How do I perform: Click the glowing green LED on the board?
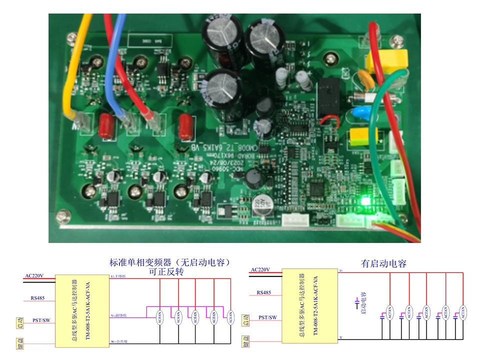point(364,201)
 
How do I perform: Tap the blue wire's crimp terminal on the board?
point(127,120)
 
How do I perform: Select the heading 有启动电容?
point(383,263)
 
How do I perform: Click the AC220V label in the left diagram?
point(34,275)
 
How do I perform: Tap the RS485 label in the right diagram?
point(263,292)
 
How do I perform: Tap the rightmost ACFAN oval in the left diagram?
point(230,316)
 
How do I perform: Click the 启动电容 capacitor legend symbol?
point(356,303)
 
